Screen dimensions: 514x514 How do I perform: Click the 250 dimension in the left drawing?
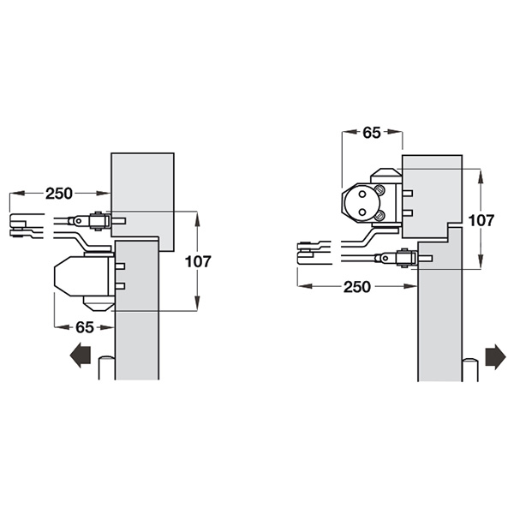tap(59, 194)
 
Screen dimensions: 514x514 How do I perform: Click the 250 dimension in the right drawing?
tap(357, 287)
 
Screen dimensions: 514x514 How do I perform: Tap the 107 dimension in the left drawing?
tap(198, 261)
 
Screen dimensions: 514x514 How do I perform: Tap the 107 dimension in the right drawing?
tap(481, 221)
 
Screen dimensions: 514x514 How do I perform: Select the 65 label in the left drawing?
tap(85, 327)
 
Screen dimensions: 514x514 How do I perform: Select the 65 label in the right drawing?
tap(372, 133)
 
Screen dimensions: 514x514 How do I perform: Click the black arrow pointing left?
tap(81, 356)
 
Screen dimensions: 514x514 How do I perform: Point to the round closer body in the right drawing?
tap(362, 203)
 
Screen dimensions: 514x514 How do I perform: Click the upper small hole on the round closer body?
tap(362, 194)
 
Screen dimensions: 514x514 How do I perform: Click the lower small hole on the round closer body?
tap(362, 212)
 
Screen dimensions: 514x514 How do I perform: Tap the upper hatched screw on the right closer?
tap(380, 189)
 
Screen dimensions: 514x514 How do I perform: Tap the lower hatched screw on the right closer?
tap(380, 215)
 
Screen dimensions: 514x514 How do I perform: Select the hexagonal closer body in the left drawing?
tap(81, 277)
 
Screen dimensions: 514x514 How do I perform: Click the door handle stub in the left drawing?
tap(107, 368)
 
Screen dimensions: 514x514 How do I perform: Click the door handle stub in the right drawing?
tap(470, 370)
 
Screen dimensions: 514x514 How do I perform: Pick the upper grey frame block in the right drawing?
tap(432, 196)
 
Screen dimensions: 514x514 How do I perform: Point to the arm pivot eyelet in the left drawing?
tap(78, 221)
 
